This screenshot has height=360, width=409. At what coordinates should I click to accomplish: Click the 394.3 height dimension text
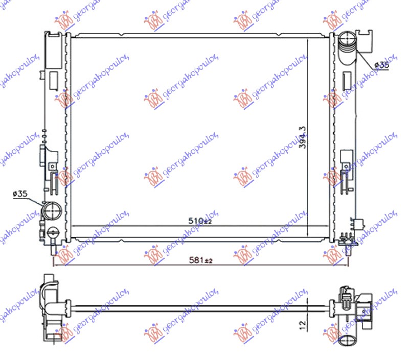point(302,137)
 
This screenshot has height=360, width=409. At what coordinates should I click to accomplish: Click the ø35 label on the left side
point(19,194)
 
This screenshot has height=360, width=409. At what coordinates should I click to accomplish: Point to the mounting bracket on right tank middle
point(346,159)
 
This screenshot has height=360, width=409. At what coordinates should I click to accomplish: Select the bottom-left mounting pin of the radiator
point(53,250)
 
